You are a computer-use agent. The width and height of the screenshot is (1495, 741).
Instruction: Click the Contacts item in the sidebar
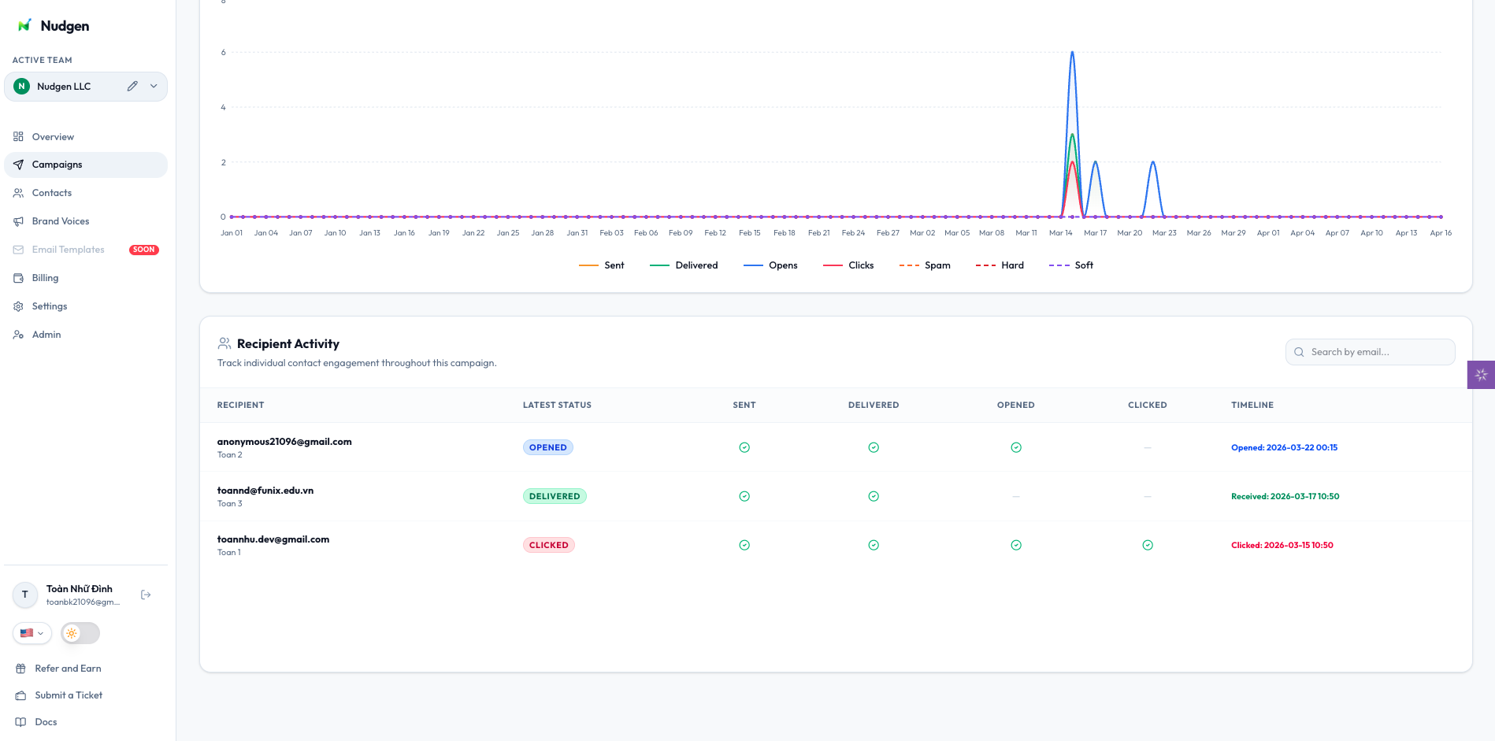pyautogui.click(x=52, y=193)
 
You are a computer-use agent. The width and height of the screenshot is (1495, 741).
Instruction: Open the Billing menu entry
pyautogui.click(x=45, y=278)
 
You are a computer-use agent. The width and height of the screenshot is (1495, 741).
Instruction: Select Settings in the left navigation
pyautogui.click(x=49, y=306)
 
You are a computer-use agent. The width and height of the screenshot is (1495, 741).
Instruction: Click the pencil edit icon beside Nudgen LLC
pyautogui.click(x=132, y=86)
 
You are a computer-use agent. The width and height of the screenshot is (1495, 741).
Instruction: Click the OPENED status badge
pyautogui.click(x=548, y=447)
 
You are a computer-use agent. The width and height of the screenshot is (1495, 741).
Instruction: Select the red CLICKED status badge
pyautogui.click(x=549, y=545)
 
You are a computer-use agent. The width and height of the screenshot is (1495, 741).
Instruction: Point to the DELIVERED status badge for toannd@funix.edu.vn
pyautogui.click(x=555, y=496)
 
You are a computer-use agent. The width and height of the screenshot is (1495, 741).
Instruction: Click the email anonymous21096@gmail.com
pyautogui.click(x=284, y=442)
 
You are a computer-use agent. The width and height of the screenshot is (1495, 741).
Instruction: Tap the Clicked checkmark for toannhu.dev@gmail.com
pyautogui.click(x=1148, y=545)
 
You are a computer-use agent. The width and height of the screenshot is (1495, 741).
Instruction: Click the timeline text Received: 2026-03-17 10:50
pyautogui.click(x=1285, y=496)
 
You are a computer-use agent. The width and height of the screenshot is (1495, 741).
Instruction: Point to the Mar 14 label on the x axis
pyautogui.click(x=1060, y=233)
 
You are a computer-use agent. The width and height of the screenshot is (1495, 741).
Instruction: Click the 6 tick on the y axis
pyautogui.click(x=224, y=53)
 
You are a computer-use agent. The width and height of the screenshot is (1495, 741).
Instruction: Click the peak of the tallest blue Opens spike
pyautogui.click(x=1072, y=53)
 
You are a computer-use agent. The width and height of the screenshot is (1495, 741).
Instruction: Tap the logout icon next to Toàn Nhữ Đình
pyautogui.click(x=146, y=595)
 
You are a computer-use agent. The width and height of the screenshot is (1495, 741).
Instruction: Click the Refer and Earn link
pyautogui.click(x=68, y=669)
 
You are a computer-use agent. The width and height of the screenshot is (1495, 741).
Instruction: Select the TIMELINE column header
pyautogui.click(x=1252, y=405)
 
